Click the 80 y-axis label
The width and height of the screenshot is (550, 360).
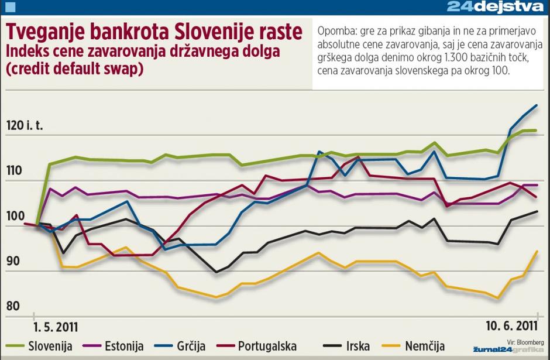[x=13, y=306]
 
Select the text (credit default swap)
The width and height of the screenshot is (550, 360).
[x=74, y=68]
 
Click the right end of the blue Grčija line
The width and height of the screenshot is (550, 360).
[x=537, y=105]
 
